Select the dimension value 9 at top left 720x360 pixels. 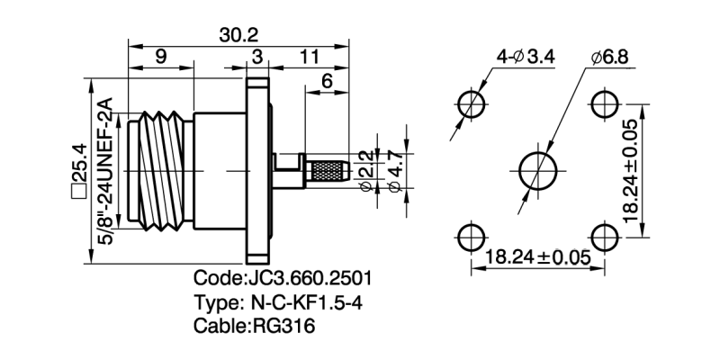160,58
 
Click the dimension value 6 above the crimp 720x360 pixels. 327,80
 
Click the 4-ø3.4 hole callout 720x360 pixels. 526,58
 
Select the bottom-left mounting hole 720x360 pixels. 470,238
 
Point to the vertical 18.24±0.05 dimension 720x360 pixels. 633,170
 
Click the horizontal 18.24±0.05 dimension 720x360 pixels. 538,258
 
